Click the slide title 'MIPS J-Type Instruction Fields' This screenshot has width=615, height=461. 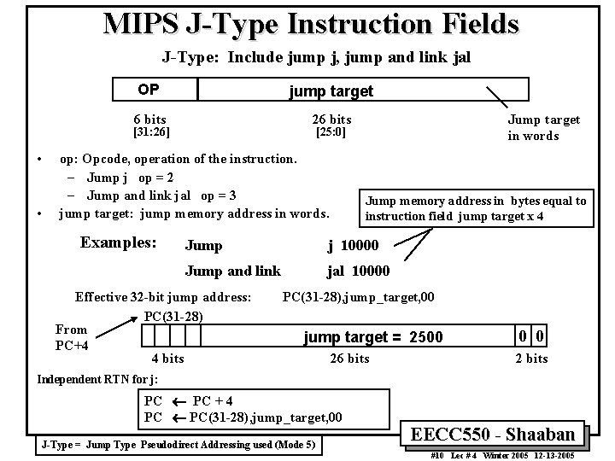(310, 23)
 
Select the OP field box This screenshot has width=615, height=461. (155, 90)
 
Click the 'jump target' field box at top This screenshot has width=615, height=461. (331, 90)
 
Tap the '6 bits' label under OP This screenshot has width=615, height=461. (150, 120)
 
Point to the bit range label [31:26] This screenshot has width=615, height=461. (148, 132)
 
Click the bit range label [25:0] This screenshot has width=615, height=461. (331, 132)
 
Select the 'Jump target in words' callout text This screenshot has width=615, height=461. (544, 127)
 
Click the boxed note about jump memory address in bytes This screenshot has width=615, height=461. (476, 208)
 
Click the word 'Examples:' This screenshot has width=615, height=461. (118, 242)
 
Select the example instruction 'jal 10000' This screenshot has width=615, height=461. (358, 271)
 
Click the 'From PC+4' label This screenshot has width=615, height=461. (71, 337)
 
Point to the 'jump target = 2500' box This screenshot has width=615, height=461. (373, 336)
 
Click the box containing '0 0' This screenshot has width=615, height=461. (530, 336)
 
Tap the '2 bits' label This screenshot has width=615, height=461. (530, 359)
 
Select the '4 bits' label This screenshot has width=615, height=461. (167, 359)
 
